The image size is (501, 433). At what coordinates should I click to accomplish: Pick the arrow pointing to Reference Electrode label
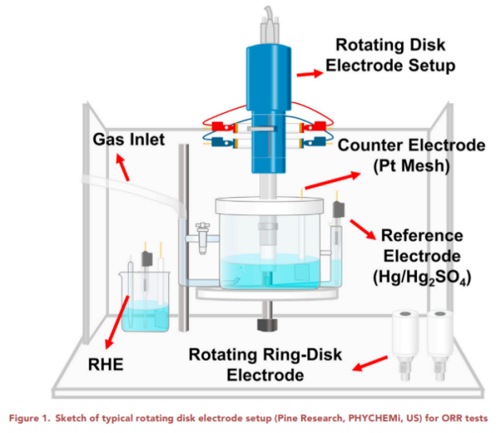363,230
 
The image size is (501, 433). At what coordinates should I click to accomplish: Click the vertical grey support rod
183,240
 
